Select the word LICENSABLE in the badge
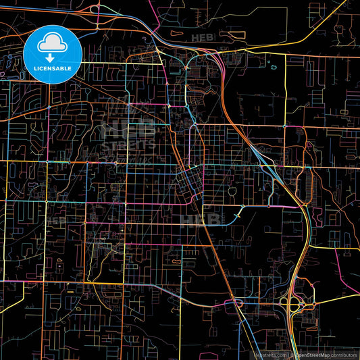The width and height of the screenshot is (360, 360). (53, 68)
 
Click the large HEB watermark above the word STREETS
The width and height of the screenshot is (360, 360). (126, 128)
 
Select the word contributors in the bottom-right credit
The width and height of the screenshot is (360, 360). (343, 354)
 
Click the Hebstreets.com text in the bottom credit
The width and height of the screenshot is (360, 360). (269, 354)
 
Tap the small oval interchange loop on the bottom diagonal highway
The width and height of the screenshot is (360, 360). (238, 304)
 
